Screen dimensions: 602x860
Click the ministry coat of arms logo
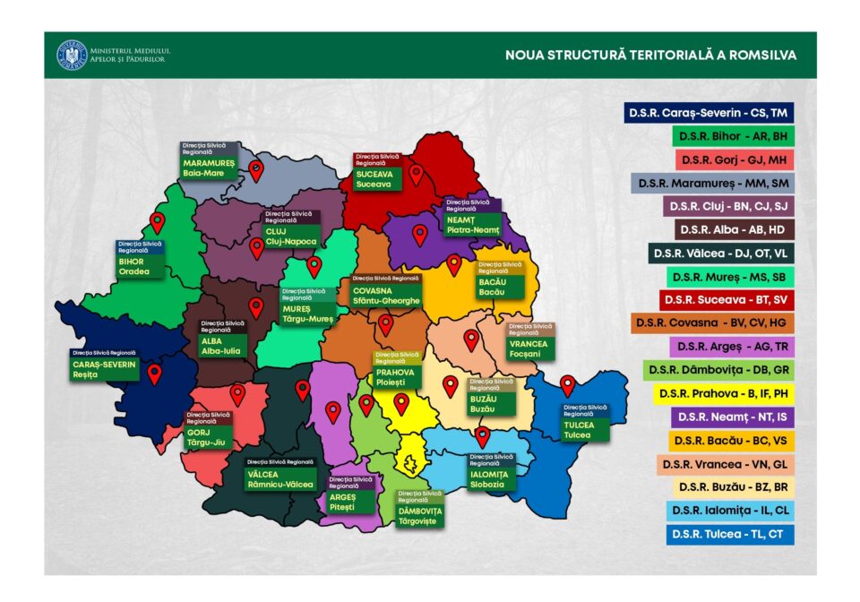pos(68,55)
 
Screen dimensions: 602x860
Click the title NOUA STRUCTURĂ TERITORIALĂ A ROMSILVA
pos(650,56)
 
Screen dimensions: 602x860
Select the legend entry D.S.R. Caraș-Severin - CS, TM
pos(709,113)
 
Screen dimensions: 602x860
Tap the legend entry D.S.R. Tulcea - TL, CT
pos(730,535)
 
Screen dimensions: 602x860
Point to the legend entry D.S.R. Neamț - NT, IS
pos(730,417)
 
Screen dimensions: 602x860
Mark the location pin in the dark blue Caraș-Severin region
pos(154,374)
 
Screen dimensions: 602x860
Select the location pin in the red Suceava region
pos(416,174)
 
